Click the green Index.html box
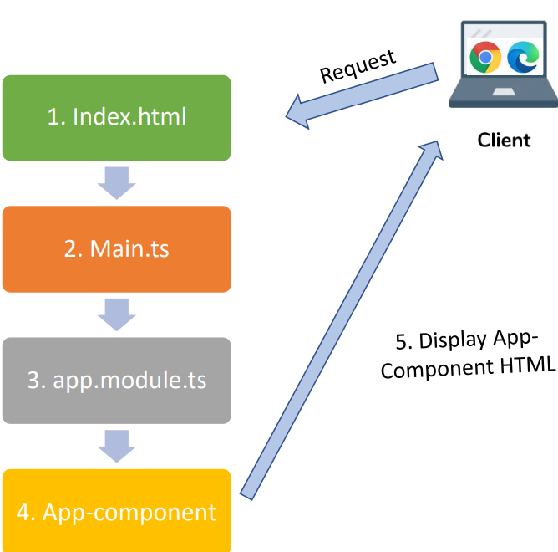(117, 118)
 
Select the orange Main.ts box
(117, 249)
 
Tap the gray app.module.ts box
(117, 381)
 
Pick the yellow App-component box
(117, 511)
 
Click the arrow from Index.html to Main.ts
(117, 183)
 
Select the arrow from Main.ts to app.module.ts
(117, 314)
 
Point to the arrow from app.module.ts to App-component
(117, 446)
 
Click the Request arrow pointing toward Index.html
(362, 95)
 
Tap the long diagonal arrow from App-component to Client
(342, 320)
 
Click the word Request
(358, 67)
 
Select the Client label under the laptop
(504, 140)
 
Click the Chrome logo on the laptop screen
(485, 57)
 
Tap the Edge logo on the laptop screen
(523, 57)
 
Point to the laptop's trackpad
(504, 92)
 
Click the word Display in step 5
(453, 340)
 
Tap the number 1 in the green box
(53, 117)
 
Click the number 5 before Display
(401, 342)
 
